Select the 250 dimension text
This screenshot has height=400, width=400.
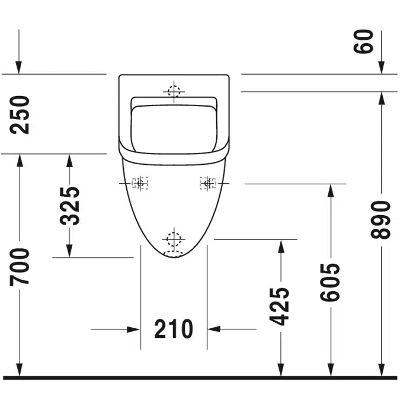pyautogui.click(x=23, y=114)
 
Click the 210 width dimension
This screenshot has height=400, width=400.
pyautogui.click(x=174, y=329)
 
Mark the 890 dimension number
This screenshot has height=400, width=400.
pyautogui.click(x=381, y=219)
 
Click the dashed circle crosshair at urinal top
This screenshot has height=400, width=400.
pyautogui.click(x=174, y=91)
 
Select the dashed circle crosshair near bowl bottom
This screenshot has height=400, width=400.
pyautogui.click(x=174, y=239)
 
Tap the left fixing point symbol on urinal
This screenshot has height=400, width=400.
pyautogui.click(x=140, y=184)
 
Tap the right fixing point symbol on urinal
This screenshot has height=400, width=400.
pyautogui.click(x=207, y=184)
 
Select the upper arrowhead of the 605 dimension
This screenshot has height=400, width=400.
pyautogui.click(x=331, y=190)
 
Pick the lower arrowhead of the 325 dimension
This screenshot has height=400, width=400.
pyautogui.click(x=70, y=251)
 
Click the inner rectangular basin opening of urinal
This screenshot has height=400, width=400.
pyautogui.click(x=174, y=126)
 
